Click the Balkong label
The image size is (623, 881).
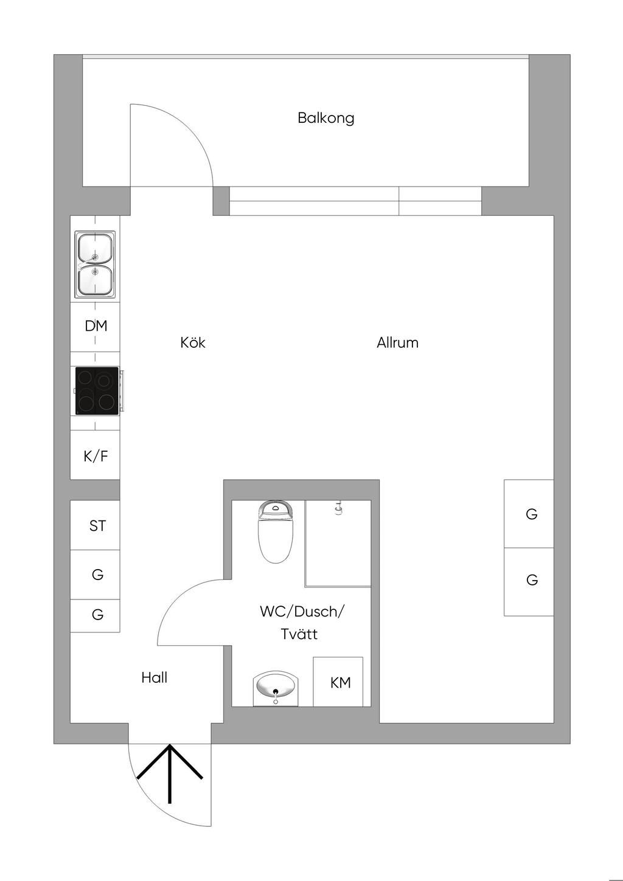(326, 118)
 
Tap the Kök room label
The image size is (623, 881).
(193, 342)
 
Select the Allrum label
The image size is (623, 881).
(397, 342)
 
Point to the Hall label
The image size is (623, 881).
(155, 677)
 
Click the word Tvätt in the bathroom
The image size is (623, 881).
(299, 634)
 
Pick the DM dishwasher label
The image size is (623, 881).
(96, 326)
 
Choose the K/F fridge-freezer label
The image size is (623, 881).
(96, 456)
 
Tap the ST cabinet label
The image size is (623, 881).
(97, 526)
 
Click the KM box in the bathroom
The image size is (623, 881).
(338, 682)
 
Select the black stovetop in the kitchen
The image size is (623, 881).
(97, 390)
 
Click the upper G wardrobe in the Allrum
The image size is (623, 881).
(529, 514)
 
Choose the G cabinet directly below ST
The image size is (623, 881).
(95, 575)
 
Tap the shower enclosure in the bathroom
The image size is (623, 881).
(338, 544)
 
